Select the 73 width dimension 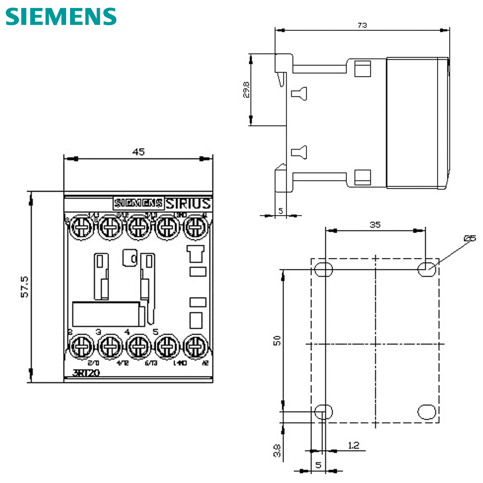click(x=362, y=25)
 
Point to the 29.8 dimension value click(x=246, y=90)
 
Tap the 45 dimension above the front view click(x=138, y=152)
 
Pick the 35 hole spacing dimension click(x=375, y=225)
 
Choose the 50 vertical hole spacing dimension click(x=277, y=341)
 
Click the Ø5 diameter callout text click(x=469, y=239)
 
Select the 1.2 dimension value click(x=353, y=445)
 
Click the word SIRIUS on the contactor click(x=188, y=203)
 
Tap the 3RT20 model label click(x=86, y=373)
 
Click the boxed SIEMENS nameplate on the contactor click(x=138, y=203)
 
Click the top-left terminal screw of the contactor click(x=81, y=228)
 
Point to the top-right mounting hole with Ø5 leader click(x=426, y=269)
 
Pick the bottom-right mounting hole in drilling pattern click(x=427, y=412)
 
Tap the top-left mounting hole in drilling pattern click(x=324, y=269)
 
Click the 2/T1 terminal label click(x=93, y=363)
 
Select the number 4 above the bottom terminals click(x=127, y=332)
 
